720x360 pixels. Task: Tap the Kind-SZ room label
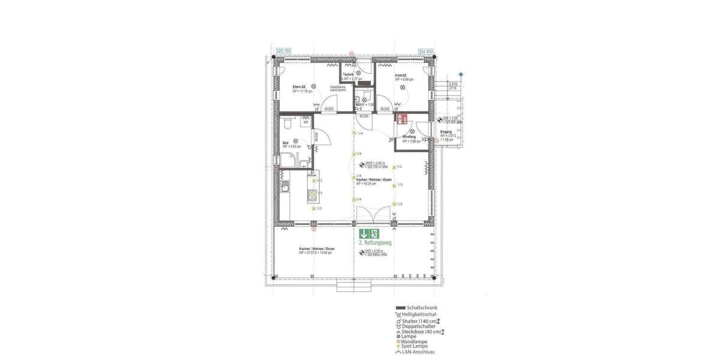401,76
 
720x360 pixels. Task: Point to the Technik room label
349,74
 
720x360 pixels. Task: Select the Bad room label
286,143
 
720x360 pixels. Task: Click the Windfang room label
410,137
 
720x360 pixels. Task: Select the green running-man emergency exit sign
374,234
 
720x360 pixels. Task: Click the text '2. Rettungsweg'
374,244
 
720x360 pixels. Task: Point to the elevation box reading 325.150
283,52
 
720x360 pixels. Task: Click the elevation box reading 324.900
425,52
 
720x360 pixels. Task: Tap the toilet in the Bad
287,123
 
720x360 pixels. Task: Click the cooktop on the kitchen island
311,194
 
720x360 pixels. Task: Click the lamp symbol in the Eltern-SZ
313,86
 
